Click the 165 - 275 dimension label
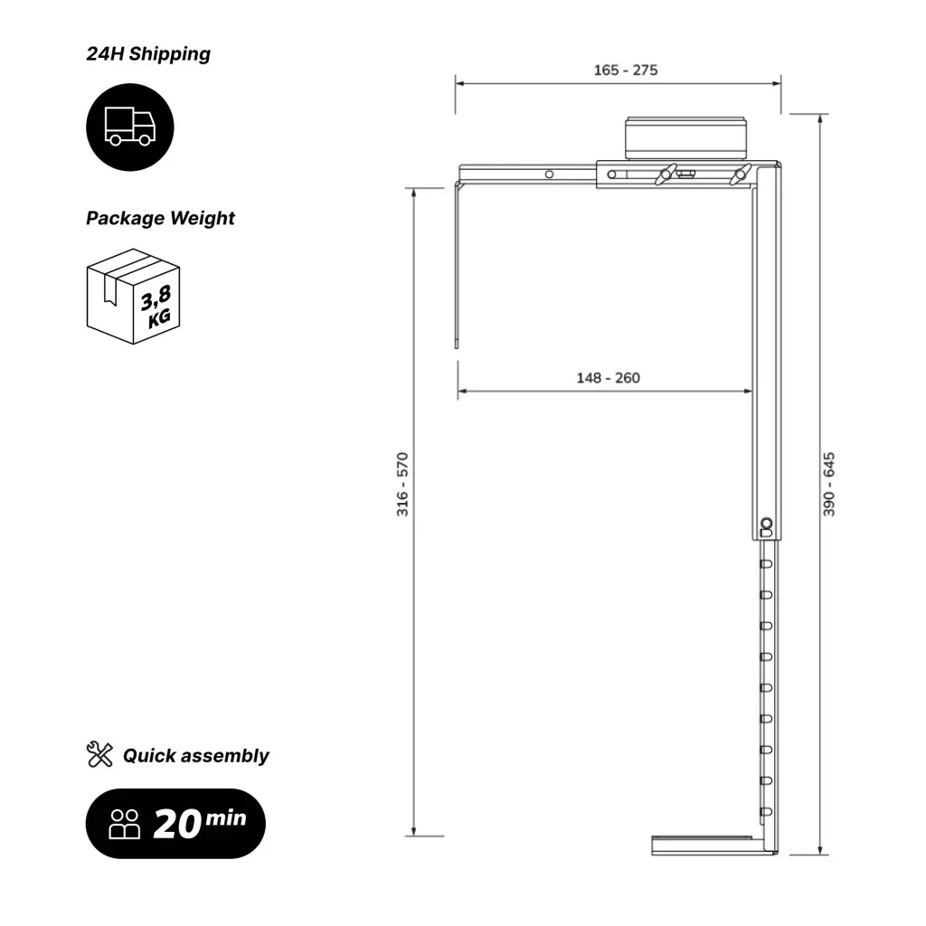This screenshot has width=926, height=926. click(x=626, y=71)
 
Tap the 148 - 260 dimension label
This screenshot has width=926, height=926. click(x=609, y=378)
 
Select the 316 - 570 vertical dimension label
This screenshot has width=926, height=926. click(x=402, y=485)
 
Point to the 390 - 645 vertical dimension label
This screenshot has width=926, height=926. click(x=829, y=485)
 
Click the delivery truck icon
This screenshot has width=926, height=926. click(x=130, y=127)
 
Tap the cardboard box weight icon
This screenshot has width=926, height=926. click(x=133, y=297)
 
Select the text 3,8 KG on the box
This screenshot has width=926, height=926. click(x=156, y=306)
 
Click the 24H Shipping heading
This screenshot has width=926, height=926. click(x=148, y=53)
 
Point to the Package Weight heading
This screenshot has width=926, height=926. click(x=160, y=219)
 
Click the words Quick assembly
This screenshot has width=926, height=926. click(x=195, y=756)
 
